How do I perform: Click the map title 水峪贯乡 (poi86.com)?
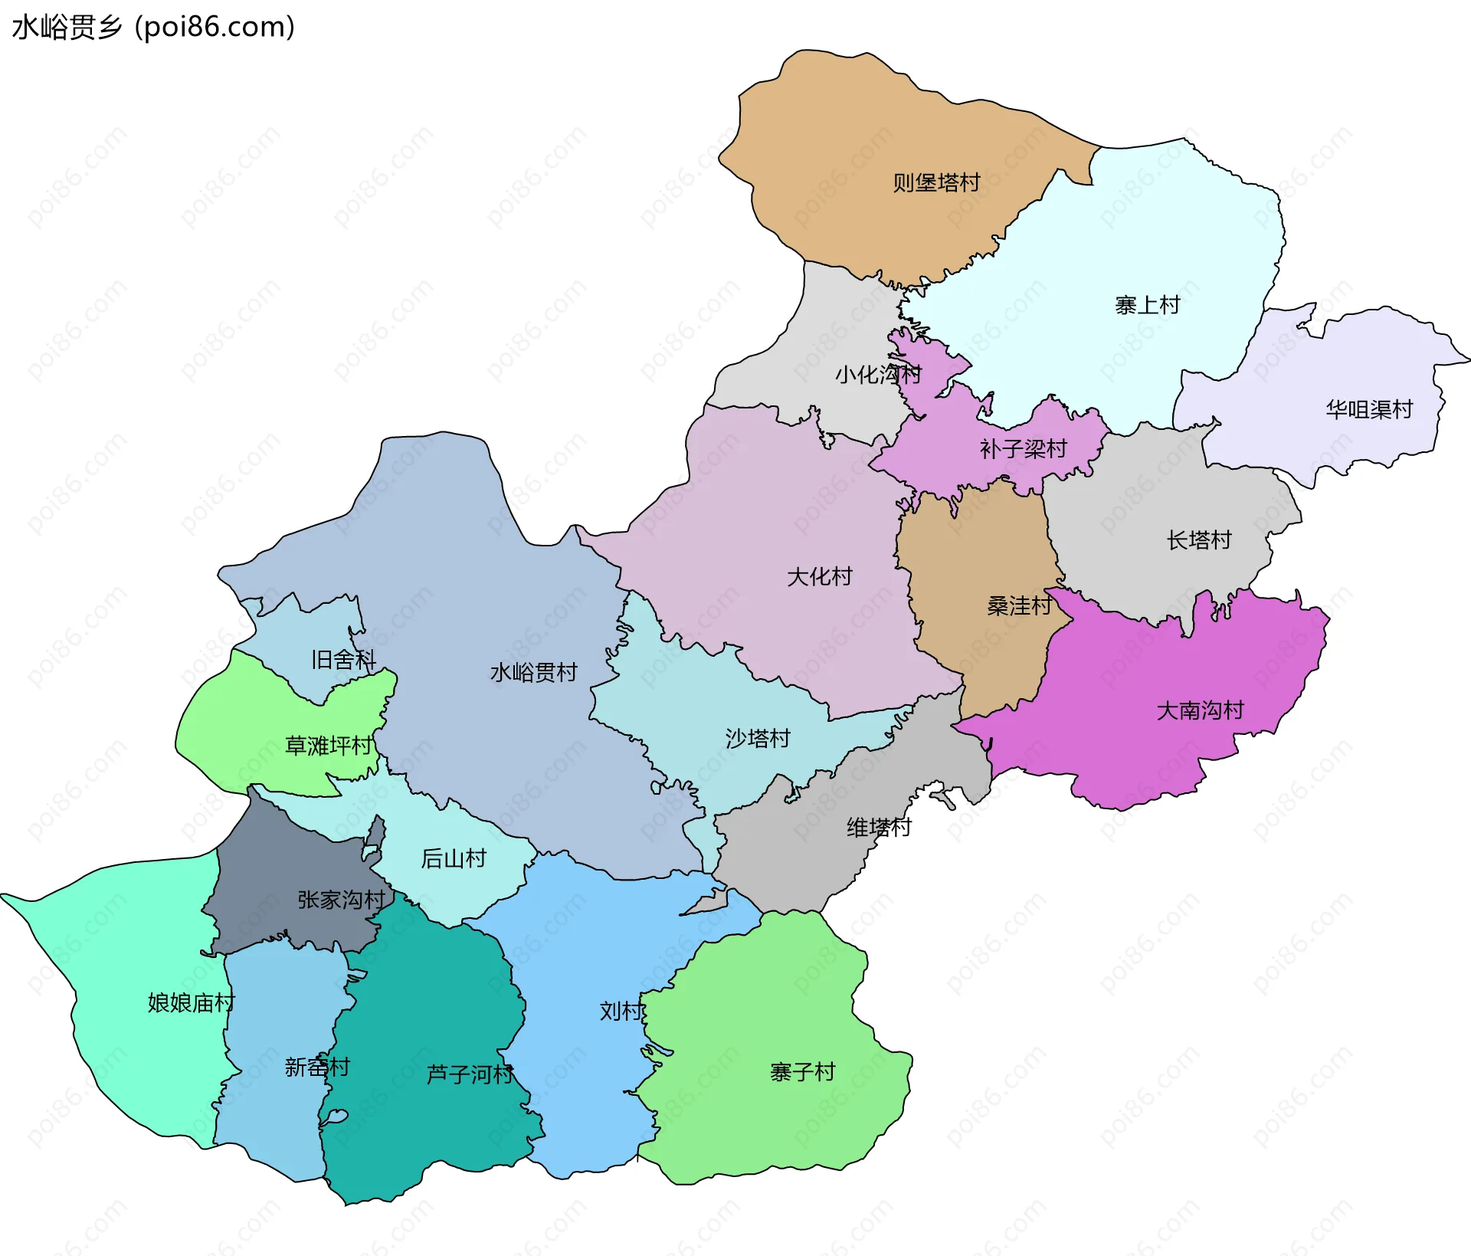coord(153,28)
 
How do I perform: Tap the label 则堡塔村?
coord(936,183)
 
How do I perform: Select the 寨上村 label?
coord(1147,306)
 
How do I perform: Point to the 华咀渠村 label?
coord(1369,410)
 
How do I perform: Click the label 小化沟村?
coord(878,375)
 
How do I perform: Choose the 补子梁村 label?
coord(1023,449)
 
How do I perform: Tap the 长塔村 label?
coord(1198,541)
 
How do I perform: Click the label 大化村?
coord(819,577)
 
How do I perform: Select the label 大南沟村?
coord(1200,711)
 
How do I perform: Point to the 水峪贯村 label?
coord(533,673)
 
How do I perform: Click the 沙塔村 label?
coord(757,739)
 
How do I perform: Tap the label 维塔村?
coord(878,828)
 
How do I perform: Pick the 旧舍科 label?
coord(343,660)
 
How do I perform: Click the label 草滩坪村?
coord(329,746)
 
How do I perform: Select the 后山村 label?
coord(454,859)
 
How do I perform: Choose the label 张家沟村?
coord(341,900)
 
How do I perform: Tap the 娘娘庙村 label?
coord(191,1003)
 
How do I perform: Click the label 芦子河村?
coord(469,1074)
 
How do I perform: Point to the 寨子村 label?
coord(802,1072)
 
